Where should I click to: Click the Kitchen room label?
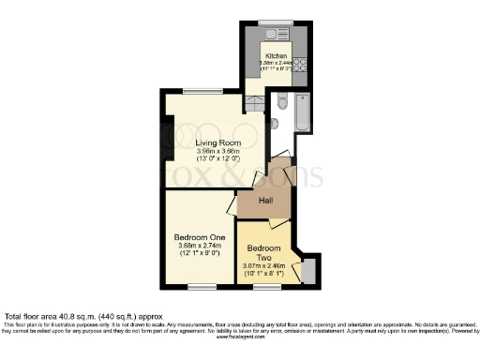pyautogui.click(x=276, y=55)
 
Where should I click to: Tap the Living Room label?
pyautogui.click(x=218, y=143)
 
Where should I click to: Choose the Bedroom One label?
pyautogui.click(x=199, y=237)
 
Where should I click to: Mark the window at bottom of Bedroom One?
pyautogui.click(x=200, y=286)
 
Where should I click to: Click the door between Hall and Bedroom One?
pyautogui.click(x=233, y=205)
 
